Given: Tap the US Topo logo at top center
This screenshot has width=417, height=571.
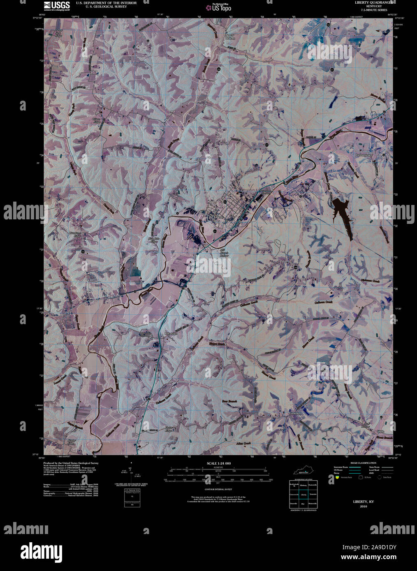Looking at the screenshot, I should (x=219, y=6).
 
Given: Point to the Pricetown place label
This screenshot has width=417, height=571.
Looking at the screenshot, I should (x=171, y=333).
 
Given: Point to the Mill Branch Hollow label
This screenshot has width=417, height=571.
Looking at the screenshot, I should (x=224, y=253).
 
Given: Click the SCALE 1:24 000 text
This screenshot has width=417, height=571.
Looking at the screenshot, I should (x=219, y=463).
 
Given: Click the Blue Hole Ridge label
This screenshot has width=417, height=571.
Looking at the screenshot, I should (x=153, y=240).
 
